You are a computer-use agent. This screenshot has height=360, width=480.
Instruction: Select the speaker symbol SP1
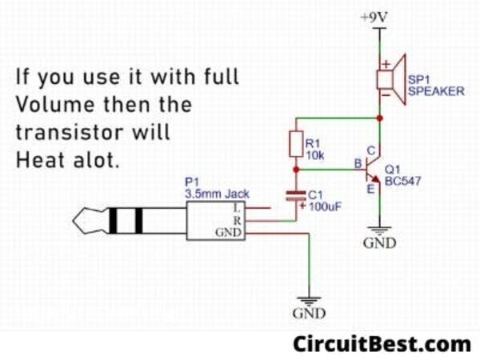(x=390, y=78)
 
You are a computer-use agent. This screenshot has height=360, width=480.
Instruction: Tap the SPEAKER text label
(x=435, y=92)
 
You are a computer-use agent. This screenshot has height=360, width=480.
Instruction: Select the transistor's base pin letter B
(x=357, y=165)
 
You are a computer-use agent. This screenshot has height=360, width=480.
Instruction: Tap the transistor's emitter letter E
(x=370, y=189)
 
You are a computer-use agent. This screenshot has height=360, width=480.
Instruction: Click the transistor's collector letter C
(x=370, y=150)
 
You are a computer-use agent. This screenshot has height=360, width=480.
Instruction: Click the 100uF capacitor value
(x=325, y=206)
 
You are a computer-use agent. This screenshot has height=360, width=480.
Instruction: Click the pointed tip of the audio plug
(x=74, y=220)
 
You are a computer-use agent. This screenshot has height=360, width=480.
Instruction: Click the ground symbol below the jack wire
(x=309, y=298)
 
